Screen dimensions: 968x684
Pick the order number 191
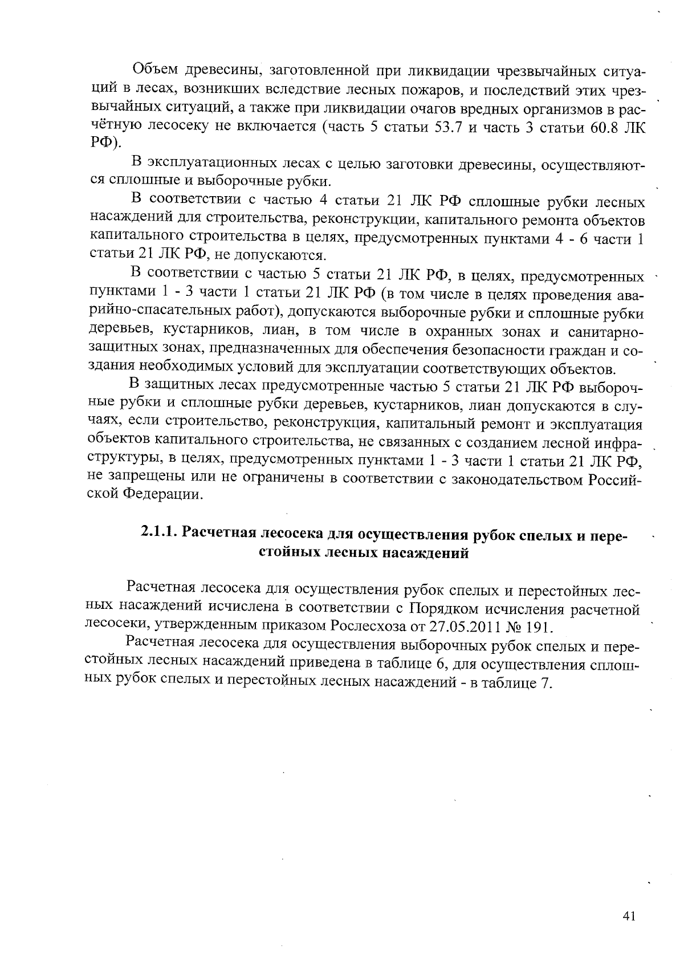coord(538,626)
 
